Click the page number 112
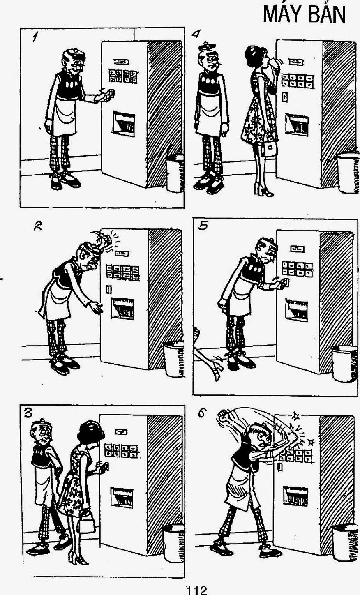[196, 590]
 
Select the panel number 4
[196, 34]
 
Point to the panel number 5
[203, 226]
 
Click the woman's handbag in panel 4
[269, 149]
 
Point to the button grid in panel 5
[297, 268]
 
